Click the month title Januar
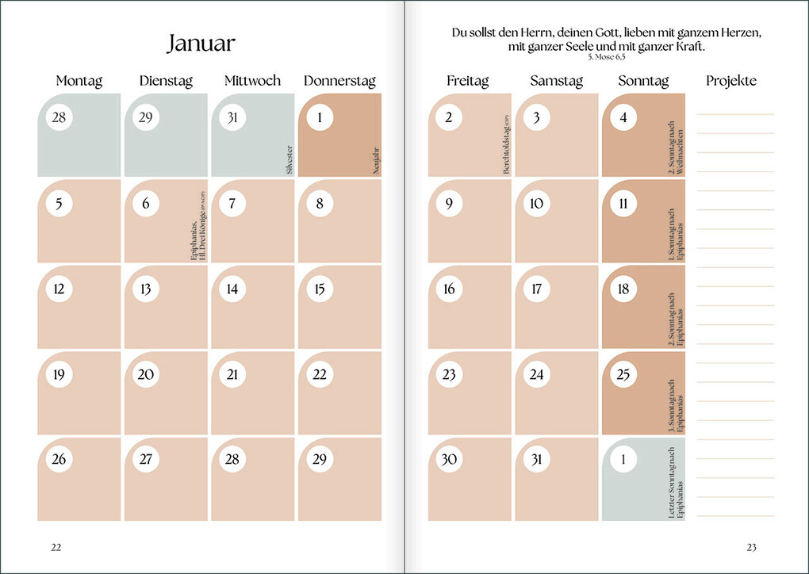[201, 43]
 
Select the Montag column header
[79, 81]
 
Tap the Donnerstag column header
[339, 81]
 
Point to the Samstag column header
[556, 81]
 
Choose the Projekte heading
[730, 81]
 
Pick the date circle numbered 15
[320, 289]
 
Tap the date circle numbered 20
[145, 374]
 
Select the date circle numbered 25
[623, 374]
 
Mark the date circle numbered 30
[449, 460]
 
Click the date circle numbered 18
[623, 289]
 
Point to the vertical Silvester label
[289, 159]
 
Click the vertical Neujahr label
[375, 162]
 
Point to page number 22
[56, 547]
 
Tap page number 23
[752, 547]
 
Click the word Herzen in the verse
[738, 33]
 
